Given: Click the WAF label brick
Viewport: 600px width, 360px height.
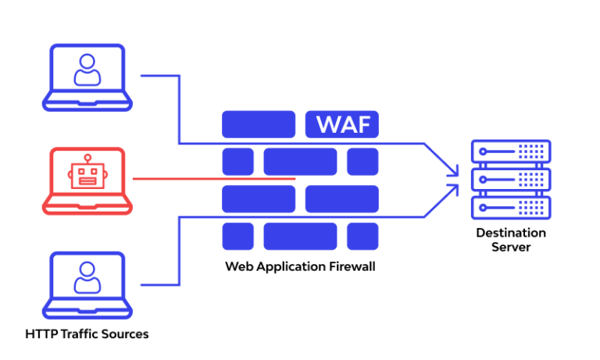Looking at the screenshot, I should (342, 124).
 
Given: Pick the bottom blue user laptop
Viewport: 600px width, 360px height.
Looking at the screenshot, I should (87, 284).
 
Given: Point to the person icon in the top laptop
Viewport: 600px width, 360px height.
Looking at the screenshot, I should (87, 70).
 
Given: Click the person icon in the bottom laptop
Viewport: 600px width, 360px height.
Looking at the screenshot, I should (87, 278).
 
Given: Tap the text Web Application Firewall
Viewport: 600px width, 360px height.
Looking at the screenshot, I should (300, 266).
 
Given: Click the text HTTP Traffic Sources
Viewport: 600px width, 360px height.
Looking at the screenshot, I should (87, 334).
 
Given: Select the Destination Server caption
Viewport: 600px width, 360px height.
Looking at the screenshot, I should (511, 240).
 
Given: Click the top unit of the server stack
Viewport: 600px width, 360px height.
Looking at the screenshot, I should (511, 151).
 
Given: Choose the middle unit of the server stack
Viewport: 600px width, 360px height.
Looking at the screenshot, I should (511, 179).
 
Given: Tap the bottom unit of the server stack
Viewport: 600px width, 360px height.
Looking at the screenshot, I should (511, 207).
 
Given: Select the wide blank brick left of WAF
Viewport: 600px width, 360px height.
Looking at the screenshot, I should (259, 124).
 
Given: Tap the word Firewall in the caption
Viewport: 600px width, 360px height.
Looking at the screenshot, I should (352, 266).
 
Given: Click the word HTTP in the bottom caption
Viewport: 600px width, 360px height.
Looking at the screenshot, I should (40, 334).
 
